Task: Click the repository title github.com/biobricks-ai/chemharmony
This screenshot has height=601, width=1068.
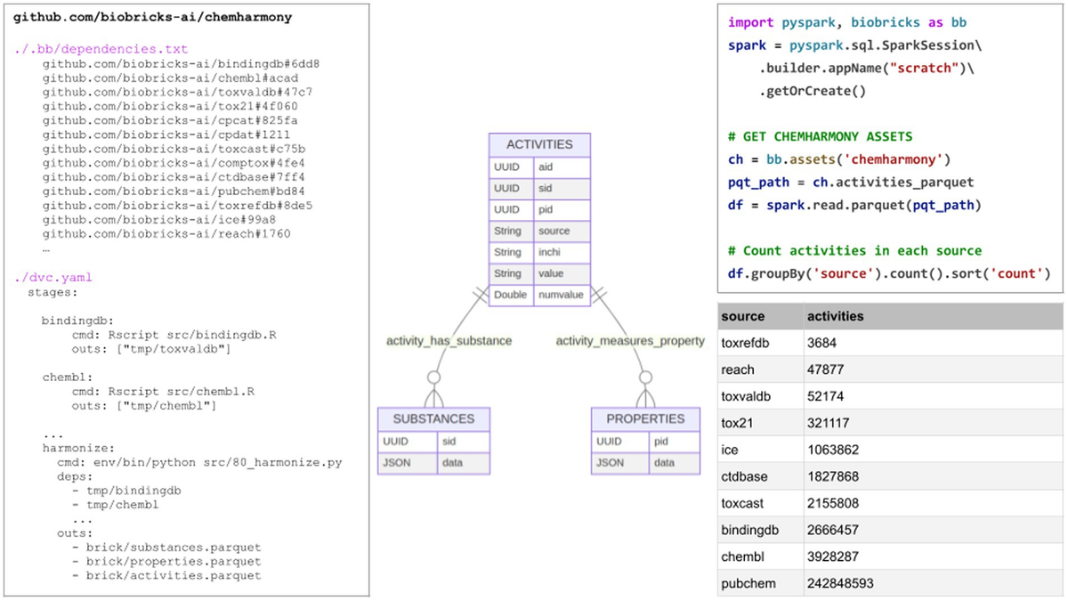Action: tap(151, 17)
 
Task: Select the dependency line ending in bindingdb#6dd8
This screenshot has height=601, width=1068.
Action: tap(181, 64)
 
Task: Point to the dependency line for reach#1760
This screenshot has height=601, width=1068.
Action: tap(166, 233)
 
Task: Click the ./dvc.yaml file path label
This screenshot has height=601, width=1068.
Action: tap(53, 277)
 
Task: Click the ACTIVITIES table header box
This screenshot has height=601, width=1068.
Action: tap(539, 144)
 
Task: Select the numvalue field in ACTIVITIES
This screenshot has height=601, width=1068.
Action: tap(562, 295)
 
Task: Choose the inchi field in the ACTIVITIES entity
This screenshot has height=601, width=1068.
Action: tap(562, 252)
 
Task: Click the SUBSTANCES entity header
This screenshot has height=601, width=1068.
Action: tap(433, 418)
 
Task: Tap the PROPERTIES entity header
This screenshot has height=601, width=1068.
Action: tap(645, 418)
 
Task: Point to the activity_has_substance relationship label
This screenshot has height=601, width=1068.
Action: tap(449, 340)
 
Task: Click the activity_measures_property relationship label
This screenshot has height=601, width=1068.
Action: tap(630, 340)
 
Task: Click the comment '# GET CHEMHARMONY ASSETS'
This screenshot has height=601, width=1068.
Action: tap(820, 136)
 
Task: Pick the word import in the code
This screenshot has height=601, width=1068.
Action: tap(750, 22)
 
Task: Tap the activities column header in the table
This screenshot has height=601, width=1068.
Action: tap(835, 316)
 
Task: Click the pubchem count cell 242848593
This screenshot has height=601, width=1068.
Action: tap(841, 584)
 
